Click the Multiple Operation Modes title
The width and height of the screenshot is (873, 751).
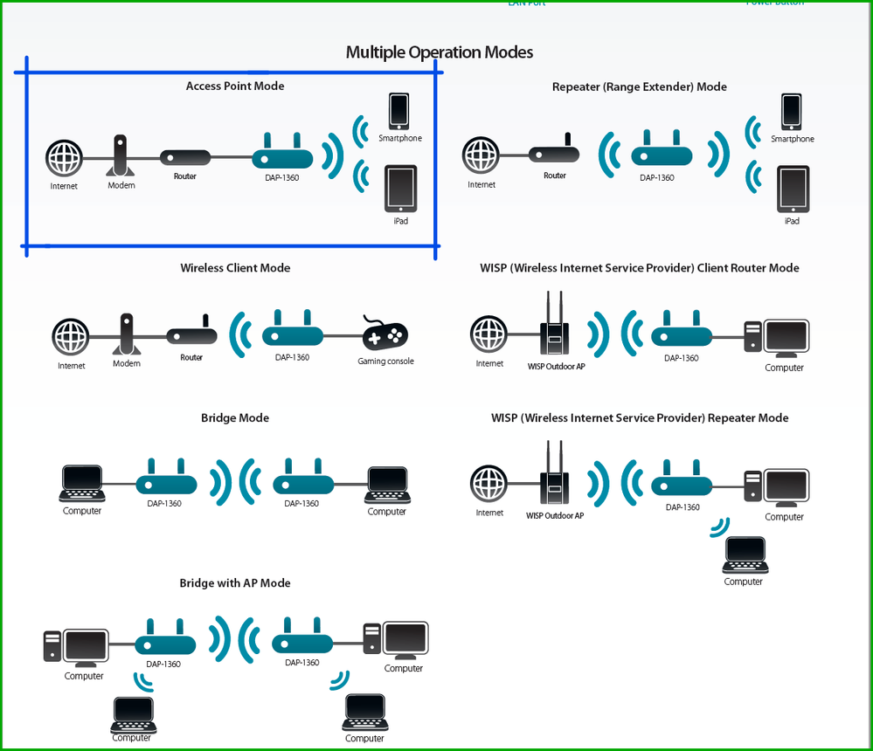pos(439,52)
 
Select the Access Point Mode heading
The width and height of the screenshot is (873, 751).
pos(235,86)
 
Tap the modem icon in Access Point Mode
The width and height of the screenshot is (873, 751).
pos(121,156)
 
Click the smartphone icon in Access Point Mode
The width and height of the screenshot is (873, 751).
pos(399,110)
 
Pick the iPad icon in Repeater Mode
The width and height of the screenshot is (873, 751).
pos(792,189)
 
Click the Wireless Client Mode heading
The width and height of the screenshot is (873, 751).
pos(235,268)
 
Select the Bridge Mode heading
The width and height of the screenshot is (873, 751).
pos(235,418)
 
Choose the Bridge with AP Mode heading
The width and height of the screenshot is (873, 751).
pos(235,583)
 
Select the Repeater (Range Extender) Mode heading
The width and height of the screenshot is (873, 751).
pos(639,87)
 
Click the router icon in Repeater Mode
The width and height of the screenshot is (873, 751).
pos(555,153)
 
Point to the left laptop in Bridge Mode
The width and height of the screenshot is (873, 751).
pos(82,484)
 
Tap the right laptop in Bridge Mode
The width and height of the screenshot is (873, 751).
pos(387,484)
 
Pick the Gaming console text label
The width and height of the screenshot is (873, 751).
pos(385,362)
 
